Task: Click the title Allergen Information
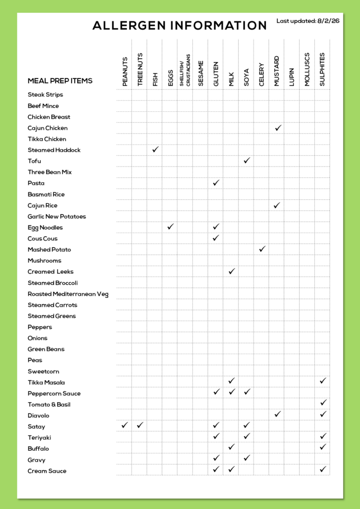click(180, 26)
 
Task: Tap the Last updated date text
click(308, 21)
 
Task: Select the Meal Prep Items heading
click(60, 81)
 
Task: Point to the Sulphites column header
click(322, 69)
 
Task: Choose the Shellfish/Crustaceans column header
click(185, 70)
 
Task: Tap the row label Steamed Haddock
click(54, 150)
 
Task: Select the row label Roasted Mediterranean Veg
click(68, 294)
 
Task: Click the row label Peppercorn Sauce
click(54, 394)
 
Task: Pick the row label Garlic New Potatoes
click(57, 217)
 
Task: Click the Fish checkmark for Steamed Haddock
click(155, 149)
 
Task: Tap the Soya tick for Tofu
click(247, 161)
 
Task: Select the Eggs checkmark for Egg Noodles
click(171, 227)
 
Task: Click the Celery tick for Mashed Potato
click(262, 249)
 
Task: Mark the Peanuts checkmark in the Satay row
click(125, 425)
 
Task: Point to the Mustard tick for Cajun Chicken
click(278, 128)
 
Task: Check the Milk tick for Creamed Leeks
click(231, 271)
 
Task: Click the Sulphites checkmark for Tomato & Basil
click(323, 403)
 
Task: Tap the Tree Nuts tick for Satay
click(140, 425)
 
